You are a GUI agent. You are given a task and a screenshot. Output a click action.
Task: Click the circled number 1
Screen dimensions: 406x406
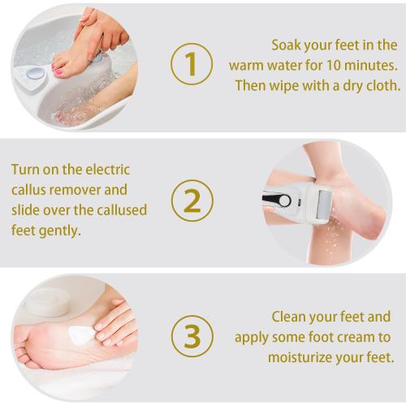(192, 64)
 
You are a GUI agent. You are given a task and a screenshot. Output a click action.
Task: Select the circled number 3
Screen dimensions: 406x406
(192, 335)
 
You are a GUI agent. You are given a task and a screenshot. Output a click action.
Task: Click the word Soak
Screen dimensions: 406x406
(288, 45)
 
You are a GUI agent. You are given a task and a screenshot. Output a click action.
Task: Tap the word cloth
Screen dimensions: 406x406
(381, 85)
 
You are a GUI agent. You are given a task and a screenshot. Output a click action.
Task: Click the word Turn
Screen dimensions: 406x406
(27, 170)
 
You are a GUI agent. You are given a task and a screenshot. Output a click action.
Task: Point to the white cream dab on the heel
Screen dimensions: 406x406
(79, 333)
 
